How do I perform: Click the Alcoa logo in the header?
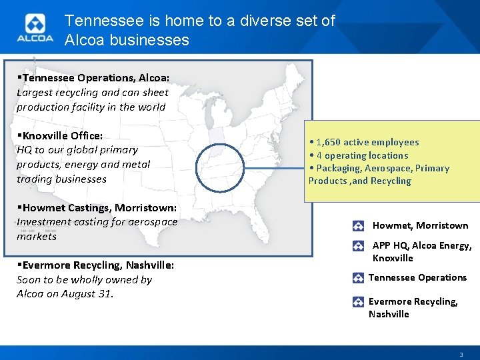pyautogui.click(x=35, y=30)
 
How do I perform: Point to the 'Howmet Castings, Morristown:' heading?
pyautogui.click(x=96, y=207)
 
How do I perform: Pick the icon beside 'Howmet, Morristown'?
pyautogui.click(x=359, y=226)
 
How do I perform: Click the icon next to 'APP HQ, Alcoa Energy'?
pyautogui.click(x=359, y=246)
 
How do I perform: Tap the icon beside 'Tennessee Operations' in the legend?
pyautogui.click(x=358, y=278)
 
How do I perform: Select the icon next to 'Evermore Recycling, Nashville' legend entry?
pyautogui.click(x=358, y=301)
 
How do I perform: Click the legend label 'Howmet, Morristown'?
pyautogui.click(x=420, y=226)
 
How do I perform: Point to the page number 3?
pyautogui.click(x=460, y=354)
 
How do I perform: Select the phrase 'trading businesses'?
pyautogui.click(x=61, y=179)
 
